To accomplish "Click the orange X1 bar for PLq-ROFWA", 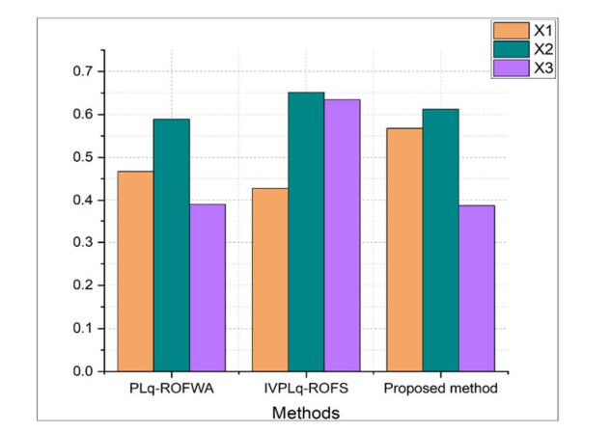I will pos(135,271).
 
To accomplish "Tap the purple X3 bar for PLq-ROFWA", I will pos(208,287).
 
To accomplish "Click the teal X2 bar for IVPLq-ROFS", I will pos(306,231).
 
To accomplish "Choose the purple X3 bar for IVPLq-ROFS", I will pos(342,235).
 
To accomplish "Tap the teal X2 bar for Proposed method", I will pos(440,240).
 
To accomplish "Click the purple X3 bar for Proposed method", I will pos(477,288).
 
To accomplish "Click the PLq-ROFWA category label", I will pos(171,391).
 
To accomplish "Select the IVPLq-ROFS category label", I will pos(306,391).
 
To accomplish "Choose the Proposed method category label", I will pos(439,391).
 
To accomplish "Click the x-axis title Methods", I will pos(306,412).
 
